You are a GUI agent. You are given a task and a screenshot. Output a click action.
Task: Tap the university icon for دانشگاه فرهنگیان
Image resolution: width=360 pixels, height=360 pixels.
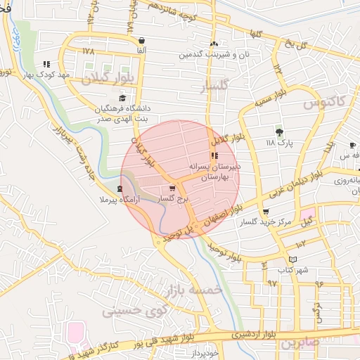[x=123, y=98]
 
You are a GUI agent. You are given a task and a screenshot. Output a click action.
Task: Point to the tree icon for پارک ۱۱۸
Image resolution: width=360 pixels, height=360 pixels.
[x=279, y=131]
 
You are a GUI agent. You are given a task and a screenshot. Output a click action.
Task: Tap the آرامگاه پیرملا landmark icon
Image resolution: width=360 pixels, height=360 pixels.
[x=120, y=188]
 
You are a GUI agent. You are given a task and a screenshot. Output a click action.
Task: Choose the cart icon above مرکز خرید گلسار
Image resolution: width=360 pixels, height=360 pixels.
[x=265, y=211]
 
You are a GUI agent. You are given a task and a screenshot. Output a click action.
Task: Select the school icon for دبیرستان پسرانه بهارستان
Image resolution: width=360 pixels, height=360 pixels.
[x=214, y=156]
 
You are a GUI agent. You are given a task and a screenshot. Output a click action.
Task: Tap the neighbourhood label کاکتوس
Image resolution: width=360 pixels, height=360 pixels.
[x=325, y=103]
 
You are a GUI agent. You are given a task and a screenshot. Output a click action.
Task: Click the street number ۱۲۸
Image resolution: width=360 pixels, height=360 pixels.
[x=87, y=51]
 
